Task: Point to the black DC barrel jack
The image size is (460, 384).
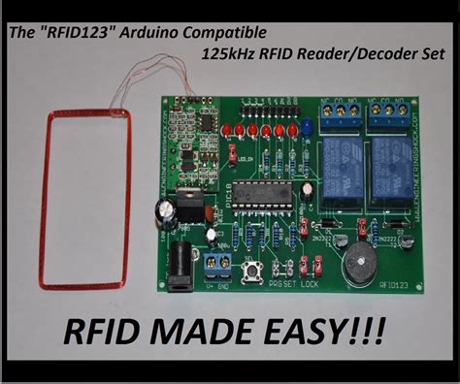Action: coord(179,260)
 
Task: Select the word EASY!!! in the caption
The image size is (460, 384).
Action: coord(320,335)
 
